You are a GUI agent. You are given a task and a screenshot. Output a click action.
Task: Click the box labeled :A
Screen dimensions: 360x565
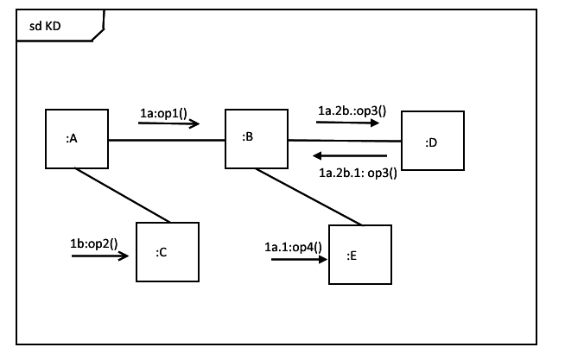coord(76,139)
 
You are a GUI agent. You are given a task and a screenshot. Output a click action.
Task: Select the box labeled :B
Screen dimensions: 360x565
coord(256,138)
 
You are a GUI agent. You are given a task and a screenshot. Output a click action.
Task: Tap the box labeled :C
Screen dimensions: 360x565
coord(168,252)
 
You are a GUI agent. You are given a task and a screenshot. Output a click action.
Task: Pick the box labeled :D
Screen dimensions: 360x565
coord(432,142)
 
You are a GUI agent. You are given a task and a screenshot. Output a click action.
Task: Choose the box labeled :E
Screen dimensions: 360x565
coord(359,256)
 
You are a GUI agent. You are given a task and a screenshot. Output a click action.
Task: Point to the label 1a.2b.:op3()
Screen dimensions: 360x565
coord(352,111)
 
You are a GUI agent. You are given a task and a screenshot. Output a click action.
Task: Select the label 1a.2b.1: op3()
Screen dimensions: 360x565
coord(358,172)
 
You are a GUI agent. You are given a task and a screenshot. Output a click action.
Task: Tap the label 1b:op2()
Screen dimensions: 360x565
coord(93,243)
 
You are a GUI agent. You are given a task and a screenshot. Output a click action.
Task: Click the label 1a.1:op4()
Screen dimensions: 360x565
coord(293,247)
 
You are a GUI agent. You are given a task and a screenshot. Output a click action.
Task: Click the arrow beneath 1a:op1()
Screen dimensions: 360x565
coord(168,124)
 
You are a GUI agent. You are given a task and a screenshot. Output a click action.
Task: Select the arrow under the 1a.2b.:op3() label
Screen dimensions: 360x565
coord(347,123)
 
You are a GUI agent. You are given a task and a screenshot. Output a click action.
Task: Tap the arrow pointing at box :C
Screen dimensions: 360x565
coord(100,256)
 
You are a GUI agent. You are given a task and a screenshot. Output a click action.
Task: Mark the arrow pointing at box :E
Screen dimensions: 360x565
coord(299,258)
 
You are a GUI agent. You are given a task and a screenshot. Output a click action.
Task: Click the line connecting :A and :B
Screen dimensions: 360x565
coord(166,139)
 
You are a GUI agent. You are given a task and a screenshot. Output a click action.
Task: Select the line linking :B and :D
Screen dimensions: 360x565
coord(344,140)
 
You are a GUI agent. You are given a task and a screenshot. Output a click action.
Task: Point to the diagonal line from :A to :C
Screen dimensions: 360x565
coord(121,195)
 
